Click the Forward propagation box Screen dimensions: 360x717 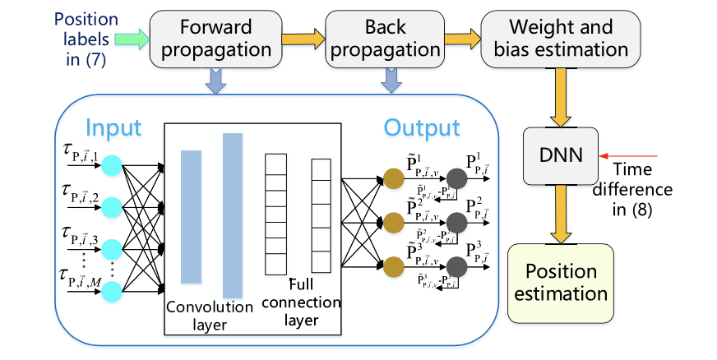[x=215, y=39]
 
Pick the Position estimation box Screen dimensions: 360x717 [x=561, y=283]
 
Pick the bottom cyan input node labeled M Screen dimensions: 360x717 [x=110, y=288]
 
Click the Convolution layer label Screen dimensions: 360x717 [x=209, y=315]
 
